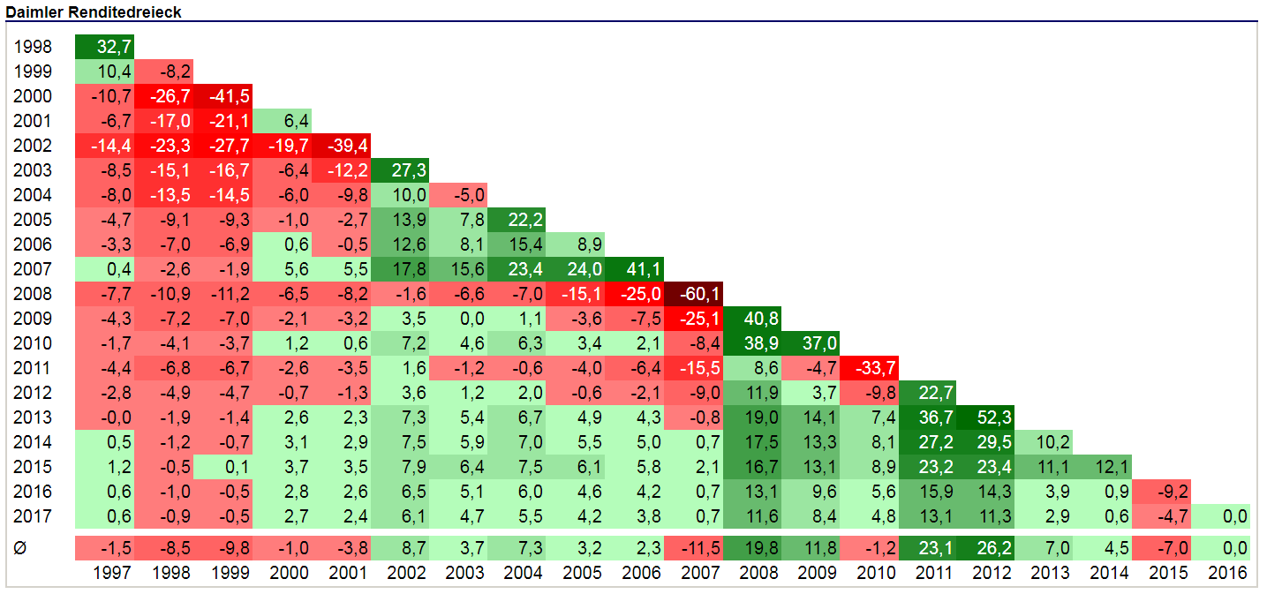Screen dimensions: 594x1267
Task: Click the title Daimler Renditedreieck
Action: (x=94, y=11)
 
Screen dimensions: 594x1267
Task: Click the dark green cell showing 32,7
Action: (x=104, y=47)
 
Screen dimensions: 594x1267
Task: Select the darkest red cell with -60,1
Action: (x=693, y=294)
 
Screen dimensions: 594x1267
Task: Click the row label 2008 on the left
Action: (x=33, y=294)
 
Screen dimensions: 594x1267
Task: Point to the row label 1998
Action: (x=33, y=47)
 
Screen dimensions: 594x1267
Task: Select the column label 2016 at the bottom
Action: (x=1228, y=573)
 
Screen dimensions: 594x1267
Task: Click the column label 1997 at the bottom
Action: (x=112, y=573)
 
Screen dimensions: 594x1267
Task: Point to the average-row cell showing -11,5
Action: (x=693, y=548)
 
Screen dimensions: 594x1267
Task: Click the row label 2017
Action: (x=33, y=516)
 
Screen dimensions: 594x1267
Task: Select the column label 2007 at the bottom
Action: (x=700, y=573)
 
